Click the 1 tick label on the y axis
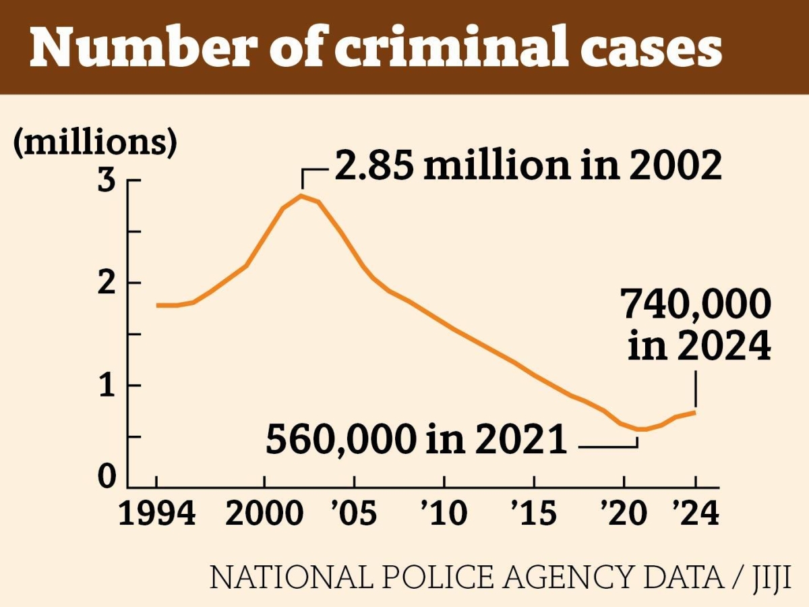109,385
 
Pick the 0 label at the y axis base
108,478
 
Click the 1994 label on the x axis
157,514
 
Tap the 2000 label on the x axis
264,514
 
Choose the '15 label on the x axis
533,514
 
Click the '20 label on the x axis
624,514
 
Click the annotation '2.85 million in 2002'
528,165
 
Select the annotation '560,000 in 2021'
416,440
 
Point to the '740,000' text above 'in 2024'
696,306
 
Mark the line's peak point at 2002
301,196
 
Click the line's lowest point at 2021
641,429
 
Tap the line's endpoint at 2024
695,412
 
